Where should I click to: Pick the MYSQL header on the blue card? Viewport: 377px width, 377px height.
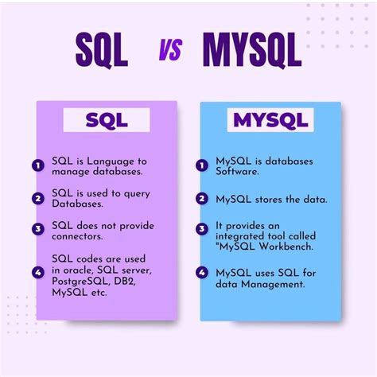click(x=269, y=121)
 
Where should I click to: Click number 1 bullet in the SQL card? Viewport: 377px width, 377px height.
click(x=37, y=166)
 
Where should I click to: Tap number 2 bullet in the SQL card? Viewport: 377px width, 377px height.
click(x=37, y=198)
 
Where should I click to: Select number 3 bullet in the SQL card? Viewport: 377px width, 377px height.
click(x=37, y=229)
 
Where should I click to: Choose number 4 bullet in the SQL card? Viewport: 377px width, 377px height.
click(x=37, y=272)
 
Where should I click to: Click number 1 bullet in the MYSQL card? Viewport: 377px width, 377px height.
click(x=202, y=166)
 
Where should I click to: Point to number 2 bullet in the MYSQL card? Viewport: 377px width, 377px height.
click(x=202, y=199)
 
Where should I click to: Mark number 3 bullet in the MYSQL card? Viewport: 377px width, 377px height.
click(x=202, y=229)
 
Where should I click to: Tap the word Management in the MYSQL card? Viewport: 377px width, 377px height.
click(x=280, y=283)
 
